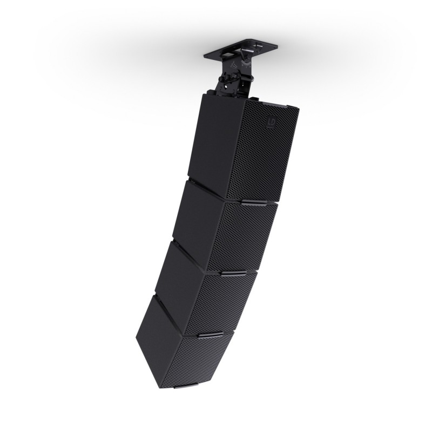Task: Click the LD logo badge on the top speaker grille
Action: pyautogui.click(x=270, y=124)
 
